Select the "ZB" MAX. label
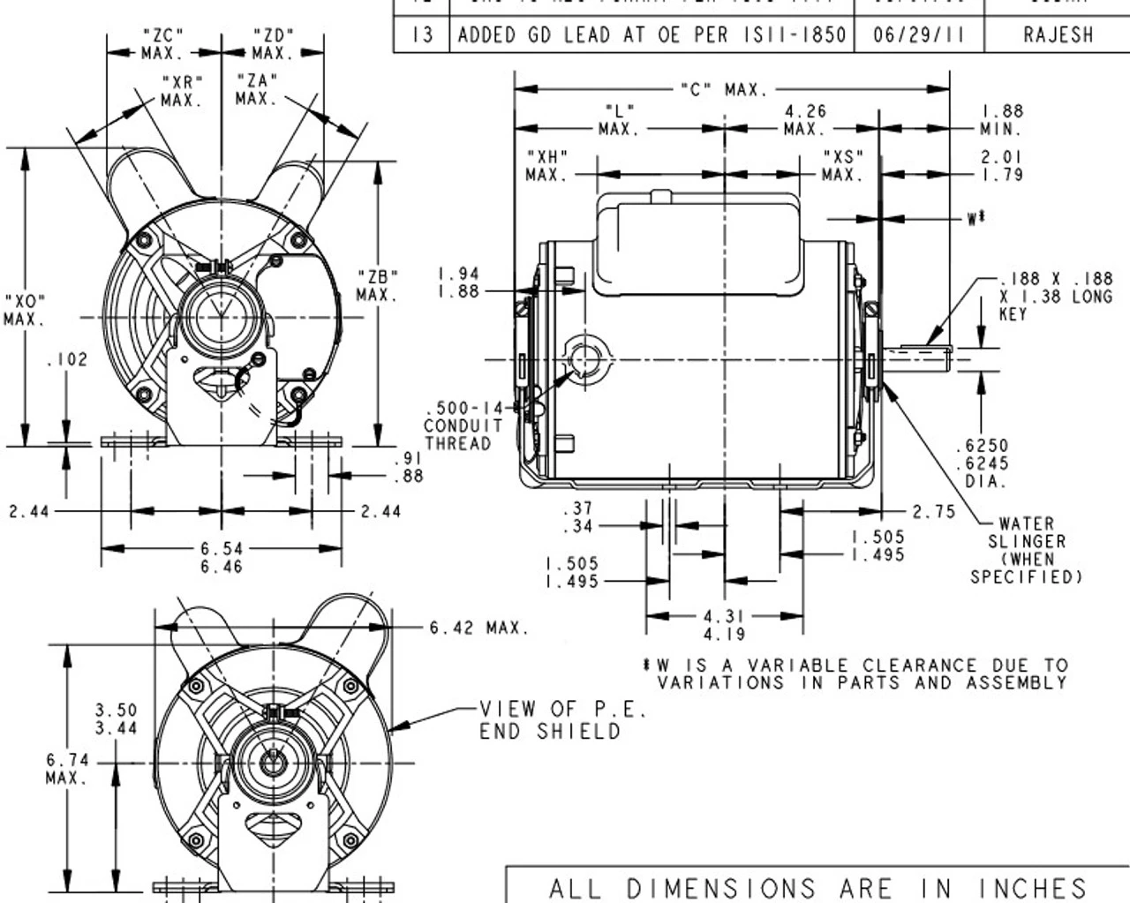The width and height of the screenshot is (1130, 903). click(x=377, y=284)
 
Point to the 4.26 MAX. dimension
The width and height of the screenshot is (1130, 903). click(x=804, y=120)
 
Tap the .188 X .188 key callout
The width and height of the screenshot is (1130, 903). click(x=1056, y=296)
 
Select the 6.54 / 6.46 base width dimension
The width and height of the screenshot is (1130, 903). click(x=221, y=558)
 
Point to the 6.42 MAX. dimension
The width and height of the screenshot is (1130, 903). click(x=478, y=628)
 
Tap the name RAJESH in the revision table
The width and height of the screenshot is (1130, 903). click(x=1058, y=35)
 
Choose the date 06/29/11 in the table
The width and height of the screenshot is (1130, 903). click(x=918, y=35)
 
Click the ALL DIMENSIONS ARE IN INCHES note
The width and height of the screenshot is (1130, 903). click(x=817, y=887)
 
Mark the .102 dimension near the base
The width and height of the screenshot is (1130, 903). click(x=67, y=360)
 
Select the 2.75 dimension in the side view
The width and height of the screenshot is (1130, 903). click(x=933, y=512)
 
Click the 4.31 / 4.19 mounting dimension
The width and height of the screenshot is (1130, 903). click(x=724, y=625)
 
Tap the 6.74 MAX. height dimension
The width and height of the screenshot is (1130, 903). click(x=67, y=769)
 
